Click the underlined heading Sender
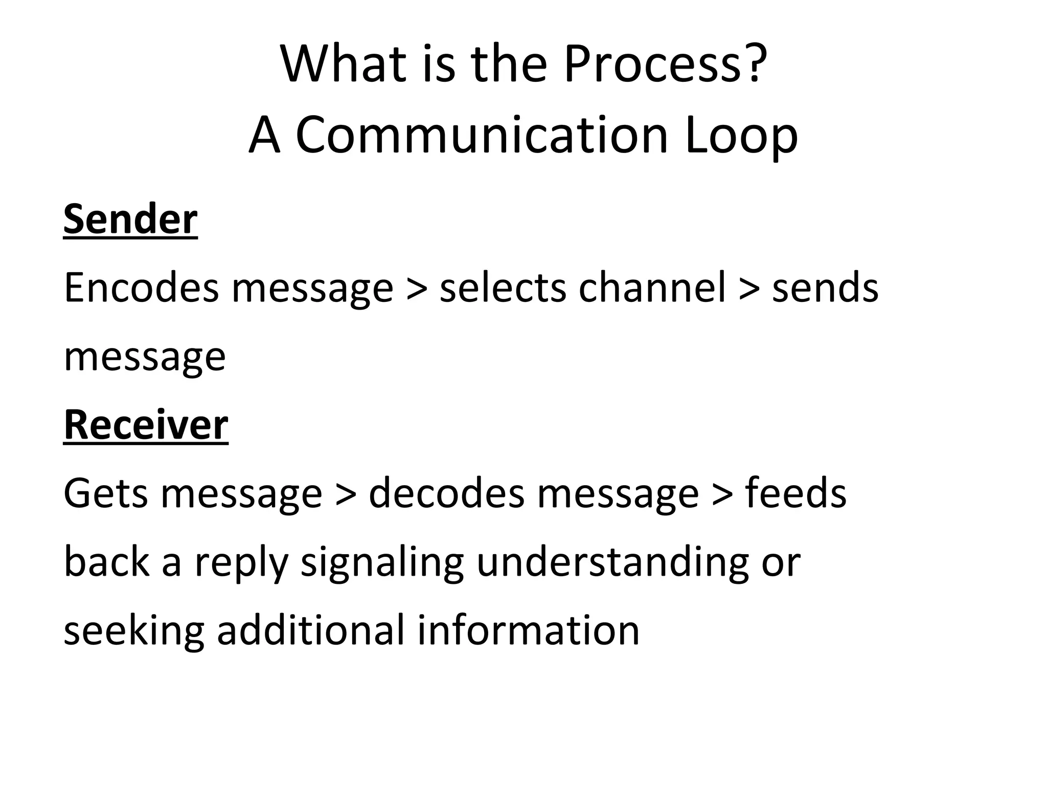point(130,220)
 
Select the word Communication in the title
point(482,135)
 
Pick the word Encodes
point(141,288)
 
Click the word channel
point(652,288)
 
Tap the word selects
point(503,288)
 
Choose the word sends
point(825,288)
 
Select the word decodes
point(446,493)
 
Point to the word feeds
point(795,493)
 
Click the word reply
point(241,563)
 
